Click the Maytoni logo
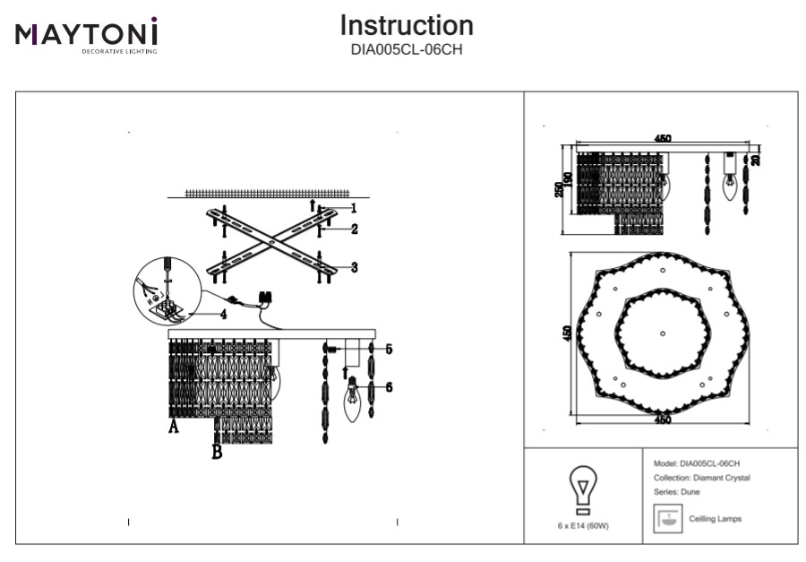[x=86, y=34]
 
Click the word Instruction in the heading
[x=407, y=25]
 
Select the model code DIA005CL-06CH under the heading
[x=407, y=50]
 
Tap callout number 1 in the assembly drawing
[x=354, y=208]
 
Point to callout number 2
[x=355, y=229]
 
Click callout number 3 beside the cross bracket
[x=355, y=267]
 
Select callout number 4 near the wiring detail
[x=224, y=315]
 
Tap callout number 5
[x=390, y=348]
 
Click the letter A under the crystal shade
[x=174, y=428]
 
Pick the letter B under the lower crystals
[x=216, y=453]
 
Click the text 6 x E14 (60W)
[x=583, y=527]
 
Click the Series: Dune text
[x=677, y=492]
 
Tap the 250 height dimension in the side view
[x=559, y=190]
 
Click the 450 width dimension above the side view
[x=663, y=139]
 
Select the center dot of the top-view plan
[x=662, y=333]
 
